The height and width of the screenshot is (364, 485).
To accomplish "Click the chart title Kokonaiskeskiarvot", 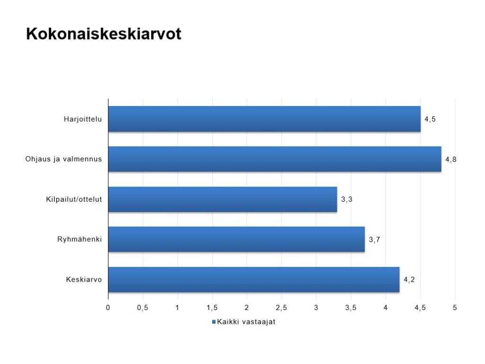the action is click(x=104, y=34).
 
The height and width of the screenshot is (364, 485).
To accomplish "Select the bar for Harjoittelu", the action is click(x=264, y=119).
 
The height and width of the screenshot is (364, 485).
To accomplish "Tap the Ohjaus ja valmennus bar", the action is click(x=275, y=159).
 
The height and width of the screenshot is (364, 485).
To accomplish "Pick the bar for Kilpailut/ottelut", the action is click(x=223, y=199).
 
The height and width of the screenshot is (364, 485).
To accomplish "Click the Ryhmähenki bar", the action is click(x=237, y=239).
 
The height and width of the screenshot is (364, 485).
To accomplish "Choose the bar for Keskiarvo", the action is click(x=254, y=279).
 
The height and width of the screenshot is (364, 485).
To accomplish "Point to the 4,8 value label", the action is click(x=451, y=160).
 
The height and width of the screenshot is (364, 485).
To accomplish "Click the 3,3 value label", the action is click(x=347, y=199).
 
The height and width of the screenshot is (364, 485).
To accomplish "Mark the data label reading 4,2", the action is click(x=409, y=280).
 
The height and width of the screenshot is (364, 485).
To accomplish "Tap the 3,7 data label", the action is click(x=374, y=240).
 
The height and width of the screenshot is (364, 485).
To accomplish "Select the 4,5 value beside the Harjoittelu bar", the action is click(x=430, y=119).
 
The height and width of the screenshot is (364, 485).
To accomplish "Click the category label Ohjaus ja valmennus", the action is click(x=63, y=159).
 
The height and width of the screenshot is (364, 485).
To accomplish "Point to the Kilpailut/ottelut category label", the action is click(x=74, y=199).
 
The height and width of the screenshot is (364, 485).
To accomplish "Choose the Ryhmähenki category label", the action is click(x=80, y=239).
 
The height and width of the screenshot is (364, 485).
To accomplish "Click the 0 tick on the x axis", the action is click(x=108, y=308).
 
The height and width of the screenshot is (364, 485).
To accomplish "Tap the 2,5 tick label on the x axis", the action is click(x=281, y=308).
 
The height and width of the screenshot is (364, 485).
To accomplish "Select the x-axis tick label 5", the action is click(x=455, y=308).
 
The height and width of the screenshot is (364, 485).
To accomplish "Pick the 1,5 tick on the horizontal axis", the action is click(x=212, y=308).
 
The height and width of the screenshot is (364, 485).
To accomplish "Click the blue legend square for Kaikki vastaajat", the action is click(x=214, y=322).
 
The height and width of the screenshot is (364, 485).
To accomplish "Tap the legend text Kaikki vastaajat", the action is click(x=246, y=322).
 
